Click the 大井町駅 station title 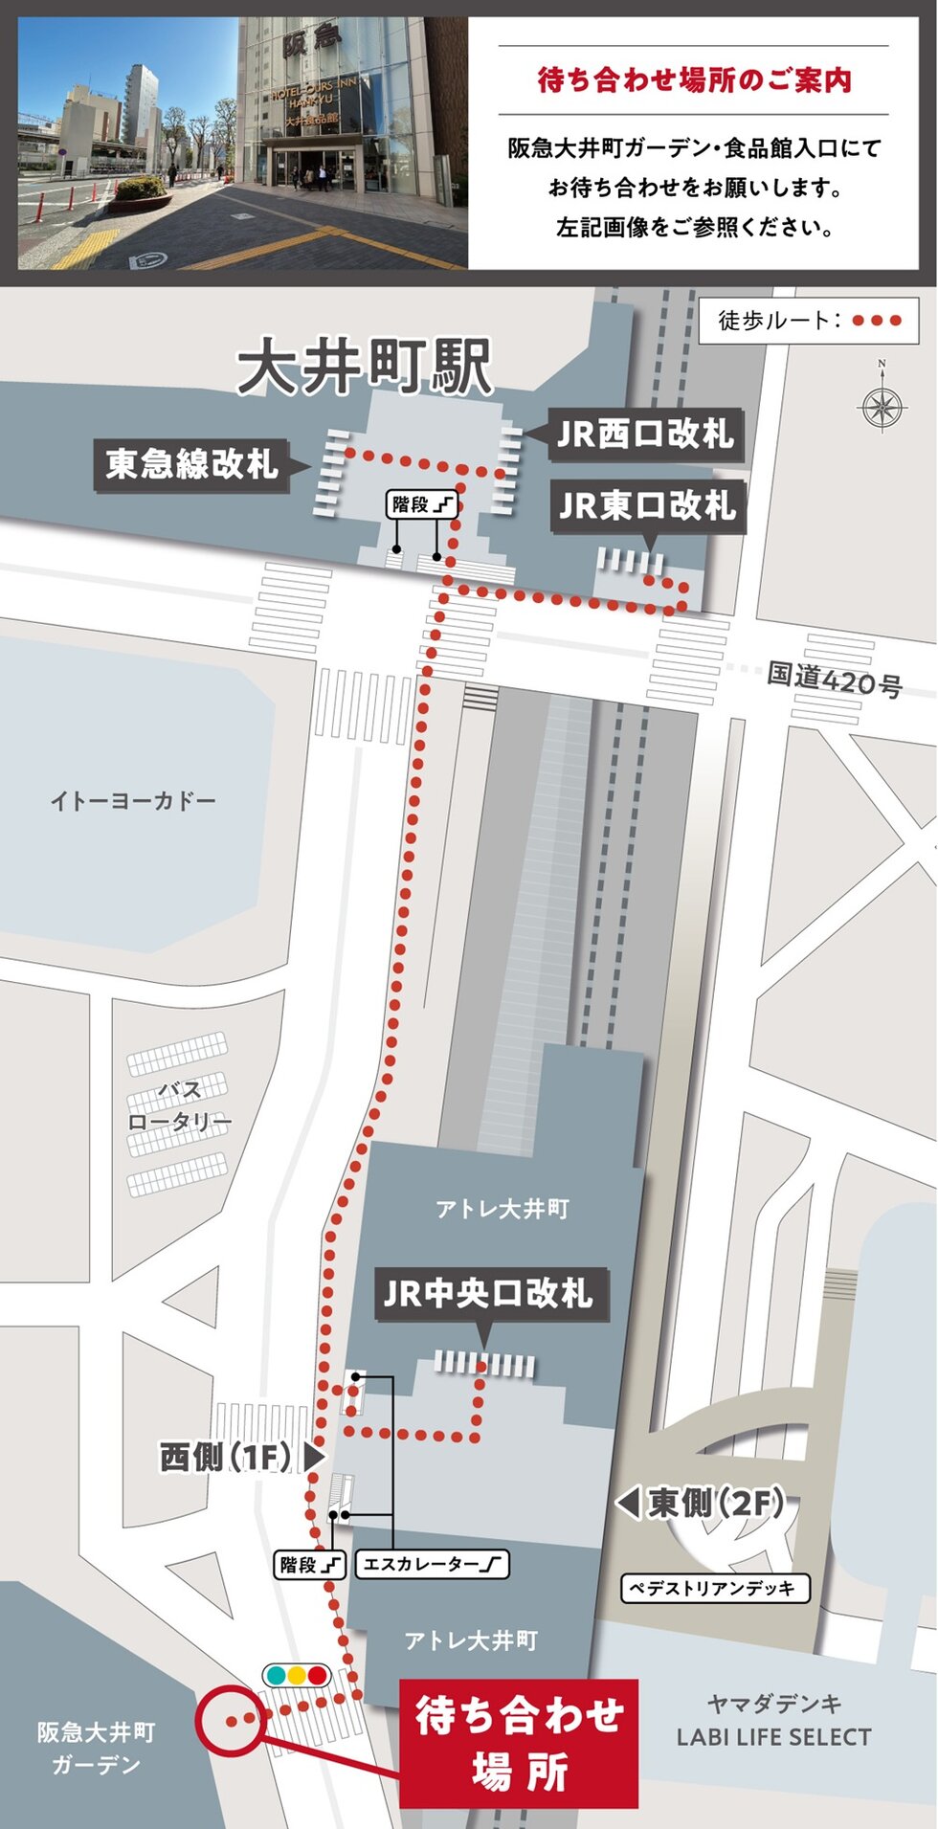pos(365,367)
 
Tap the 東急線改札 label pos(191,465)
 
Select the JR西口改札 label pos(645,435)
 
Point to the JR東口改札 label pos(647,506)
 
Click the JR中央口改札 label pos(488,1294)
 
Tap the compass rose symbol pos(882,407)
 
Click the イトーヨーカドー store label pos(132,800)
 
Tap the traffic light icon pos(296,1676)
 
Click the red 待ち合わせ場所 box pos(518,1744)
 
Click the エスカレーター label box pos(432,1565)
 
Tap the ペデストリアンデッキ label pos(715,1589)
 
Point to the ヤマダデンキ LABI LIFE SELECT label pos(773,1721)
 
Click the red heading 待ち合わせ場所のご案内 pos(694,80)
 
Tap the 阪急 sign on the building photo pos(312,40)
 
